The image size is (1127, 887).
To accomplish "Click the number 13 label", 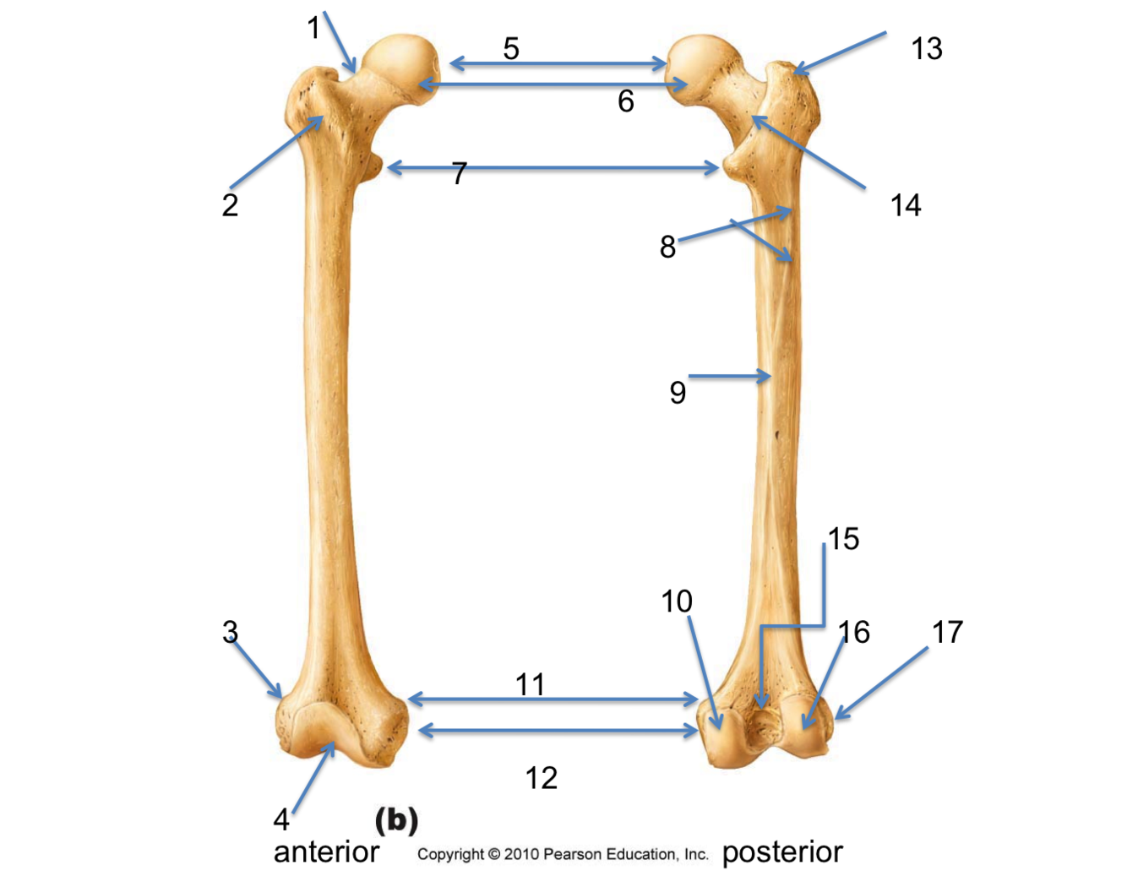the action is click(x=926, y=49).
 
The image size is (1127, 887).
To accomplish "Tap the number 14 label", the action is click(x=905, y=205).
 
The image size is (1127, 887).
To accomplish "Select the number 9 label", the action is click(x=678, y=393).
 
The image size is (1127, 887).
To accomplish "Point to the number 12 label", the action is click(x=541, y=778).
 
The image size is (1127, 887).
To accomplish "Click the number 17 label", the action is click(x=947, y=632).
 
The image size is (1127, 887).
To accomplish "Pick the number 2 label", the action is click(x=230, y=205).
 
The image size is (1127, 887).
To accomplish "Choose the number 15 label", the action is click(x=843, y=539).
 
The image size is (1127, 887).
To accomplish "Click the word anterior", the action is click(x=326, y=852).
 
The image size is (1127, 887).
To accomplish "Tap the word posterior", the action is click(x=782, y=852).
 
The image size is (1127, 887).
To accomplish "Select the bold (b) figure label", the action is click(x=396, y=820).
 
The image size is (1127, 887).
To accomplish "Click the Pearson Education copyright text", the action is click(x=563, y=854).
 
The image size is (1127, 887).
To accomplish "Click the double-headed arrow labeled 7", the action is click(x=553, y=168).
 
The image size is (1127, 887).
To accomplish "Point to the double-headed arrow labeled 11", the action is click(x=553, y=699).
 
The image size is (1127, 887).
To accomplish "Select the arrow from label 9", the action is click(x=728, y=376).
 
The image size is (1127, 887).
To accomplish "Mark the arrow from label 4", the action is click(x=314, y=777).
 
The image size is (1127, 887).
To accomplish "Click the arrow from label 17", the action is click(x=881, y=683).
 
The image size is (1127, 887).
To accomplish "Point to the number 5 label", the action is click(x=511, y=48).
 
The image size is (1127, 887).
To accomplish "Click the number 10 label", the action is click(x=676, y=601).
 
